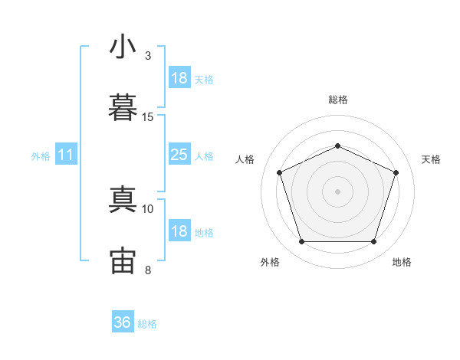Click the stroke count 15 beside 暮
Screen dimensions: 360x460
[148, 117]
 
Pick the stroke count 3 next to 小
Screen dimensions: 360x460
[148, 56]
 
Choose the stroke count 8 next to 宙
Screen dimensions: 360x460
[148, 270]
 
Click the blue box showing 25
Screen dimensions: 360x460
[179, 155]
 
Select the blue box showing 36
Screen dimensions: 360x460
[123, 322]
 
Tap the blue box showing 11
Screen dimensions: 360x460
[66, 155]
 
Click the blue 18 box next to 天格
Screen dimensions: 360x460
[179, 78]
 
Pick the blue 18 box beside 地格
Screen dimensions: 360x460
[179, 231]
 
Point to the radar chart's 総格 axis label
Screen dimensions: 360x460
[337, 100]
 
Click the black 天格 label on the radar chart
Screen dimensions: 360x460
[431, 159]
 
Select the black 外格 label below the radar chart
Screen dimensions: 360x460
[270, 262]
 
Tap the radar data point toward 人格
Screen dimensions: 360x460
[279, 172]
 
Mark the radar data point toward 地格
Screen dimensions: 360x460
[373, 242]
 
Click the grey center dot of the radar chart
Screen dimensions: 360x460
[337, 191]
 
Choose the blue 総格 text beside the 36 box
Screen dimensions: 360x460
[147, 324]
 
